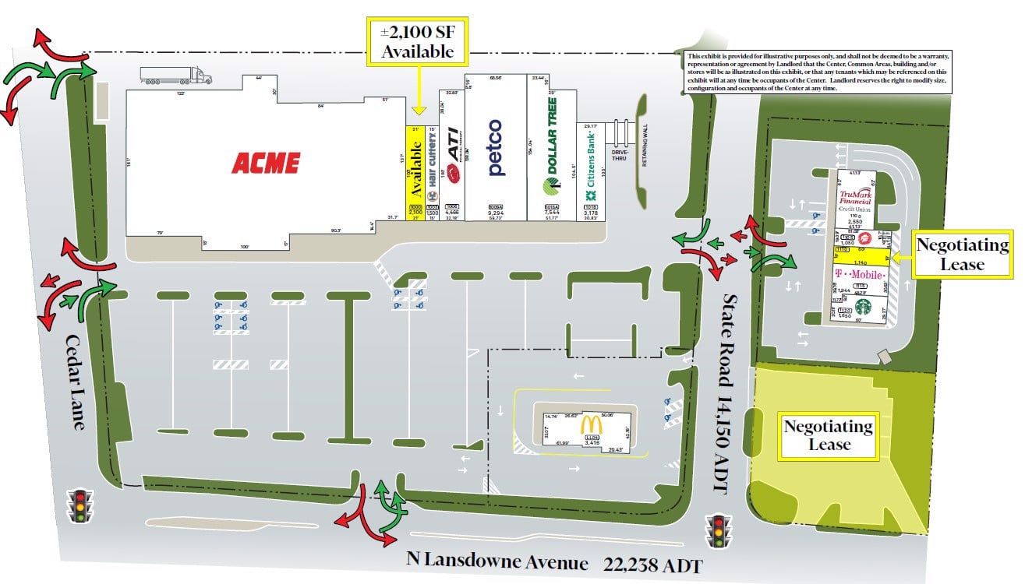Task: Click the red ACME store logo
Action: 265,163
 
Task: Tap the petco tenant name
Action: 495,147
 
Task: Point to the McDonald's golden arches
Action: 591,425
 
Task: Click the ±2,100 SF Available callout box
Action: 417,42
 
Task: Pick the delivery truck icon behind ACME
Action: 176,75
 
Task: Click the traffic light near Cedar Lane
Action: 80,505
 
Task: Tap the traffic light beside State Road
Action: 718,530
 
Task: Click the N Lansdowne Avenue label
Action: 497,560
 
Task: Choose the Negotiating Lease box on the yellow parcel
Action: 828,435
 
